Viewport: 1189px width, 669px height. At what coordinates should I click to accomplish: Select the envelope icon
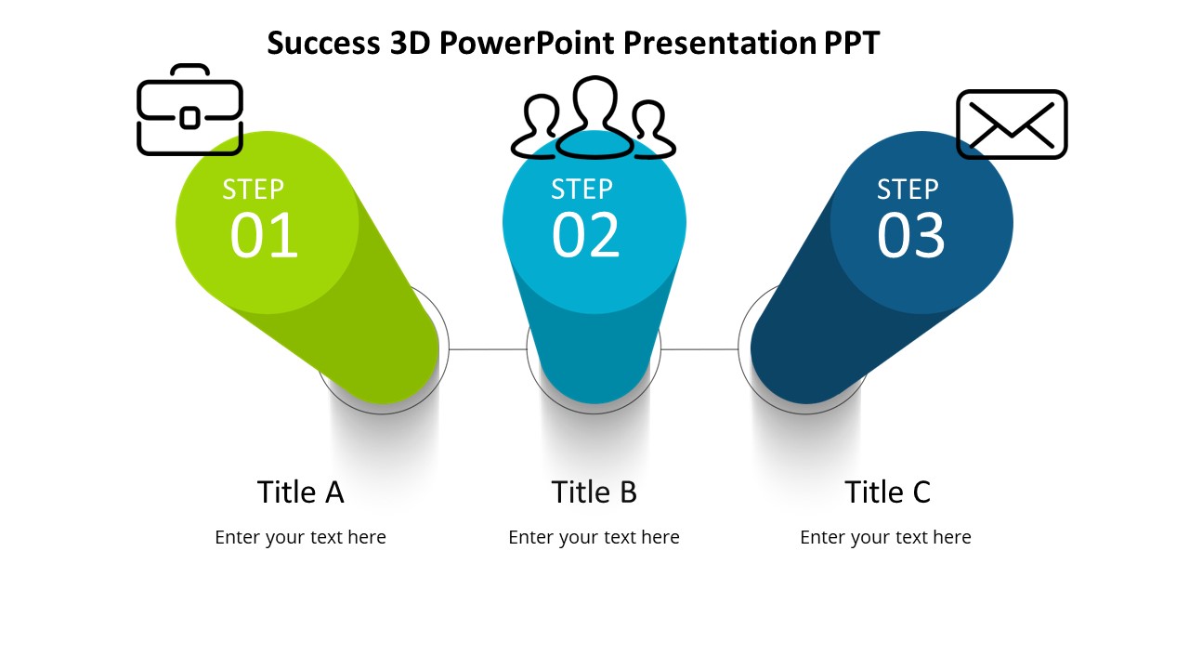coord(1012,125)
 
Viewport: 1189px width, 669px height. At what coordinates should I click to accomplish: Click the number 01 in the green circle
coord(264,236)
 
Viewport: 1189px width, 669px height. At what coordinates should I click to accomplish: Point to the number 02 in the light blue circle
coord(585,236)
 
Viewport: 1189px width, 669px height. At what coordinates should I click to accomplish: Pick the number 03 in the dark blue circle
coord(910,236)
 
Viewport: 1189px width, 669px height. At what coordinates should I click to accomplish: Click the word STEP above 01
coord(253,190)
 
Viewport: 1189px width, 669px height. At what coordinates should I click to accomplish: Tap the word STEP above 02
coord(581,190)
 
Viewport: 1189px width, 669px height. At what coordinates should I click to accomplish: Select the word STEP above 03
coord(908,190)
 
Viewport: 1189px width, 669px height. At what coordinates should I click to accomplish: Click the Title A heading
coord(300,492)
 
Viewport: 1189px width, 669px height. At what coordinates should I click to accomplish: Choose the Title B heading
coord(594,492)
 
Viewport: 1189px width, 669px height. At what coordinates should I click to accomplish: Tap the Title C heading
coord(887,492)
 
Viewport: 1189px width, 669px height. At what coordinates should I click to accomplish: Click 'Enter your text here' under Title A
coord(300,537)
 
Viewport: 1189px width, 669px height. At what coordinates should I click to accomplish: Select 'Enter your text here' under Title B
coord(594,537)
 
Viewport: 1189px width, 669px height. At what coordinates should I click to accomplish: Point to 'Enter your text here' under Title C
coord(885,537)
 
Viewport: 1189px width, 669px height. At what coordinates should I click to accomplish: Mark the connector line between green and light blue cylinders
coord(488,349)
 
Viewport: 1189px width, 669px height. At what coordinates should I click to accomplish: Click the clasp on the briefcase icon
coord(189,118)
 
